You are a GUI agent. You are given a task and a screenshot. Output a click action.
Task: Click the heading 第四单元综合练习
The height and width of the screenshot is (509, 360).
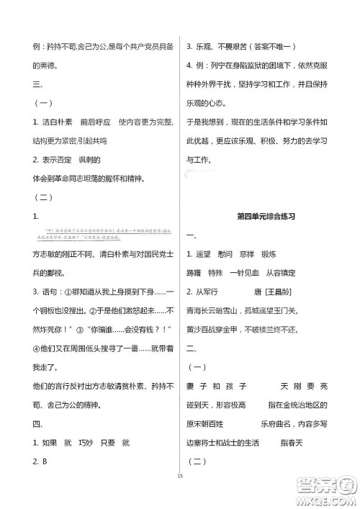click(266, 216)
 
